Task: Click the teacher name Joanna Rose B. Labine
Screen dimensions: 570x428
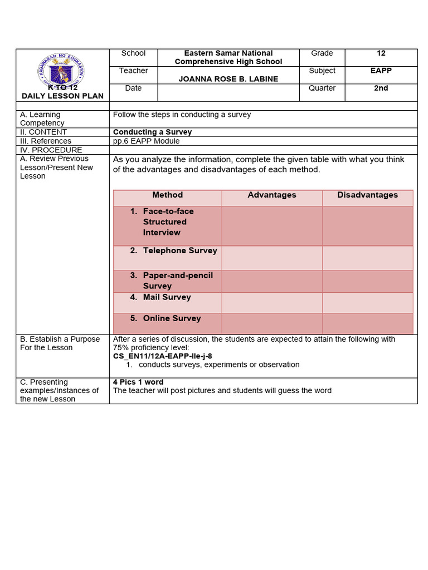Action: [x=228, y=79]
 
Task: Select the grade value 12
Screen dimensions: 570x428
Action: [x=381, y=53]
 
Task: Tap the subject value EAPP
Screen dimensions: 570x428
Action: [x=381, y=71]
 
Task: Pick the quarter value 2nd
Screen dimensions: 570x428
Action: [x=381, y=88]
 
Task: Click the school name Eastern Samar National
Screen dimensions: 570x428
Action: [x=228, y=53]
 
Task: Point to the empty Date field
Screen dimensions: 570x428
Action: [x=228, y=92]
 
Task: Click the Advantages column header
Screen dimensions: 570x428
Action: [x=272, y=195]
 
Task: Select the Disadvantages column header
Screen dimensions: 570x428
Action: [x=367, y=195]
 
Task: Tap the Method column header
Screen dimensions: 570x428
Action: [x=167, y=195]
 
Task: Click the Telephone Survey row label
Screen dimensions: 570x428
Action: [x=179, y=250]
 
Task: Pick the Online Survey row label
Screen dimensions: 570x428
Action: [x=172, y=318]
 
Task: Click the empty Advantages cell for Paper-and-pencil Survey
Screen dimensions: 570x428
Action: [x=272, y=281]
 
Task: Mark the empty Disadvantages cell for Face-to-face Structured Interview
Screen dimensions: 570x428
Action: [x=367, y=225]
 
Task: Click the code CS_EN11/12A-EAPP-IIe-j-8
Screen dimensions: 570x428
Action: [x=162, y=356]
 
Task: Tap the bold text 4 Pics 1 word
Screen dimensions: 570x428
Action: [x=138, y=382]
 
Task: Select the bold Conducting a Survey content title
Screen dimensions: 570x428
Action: [x=152, y=132]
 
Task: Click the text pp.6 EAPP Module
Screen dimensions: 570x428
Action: [x=146, y=141]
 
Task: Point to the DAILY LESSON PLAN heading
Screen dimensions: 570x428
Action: [x=62, y=96]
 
